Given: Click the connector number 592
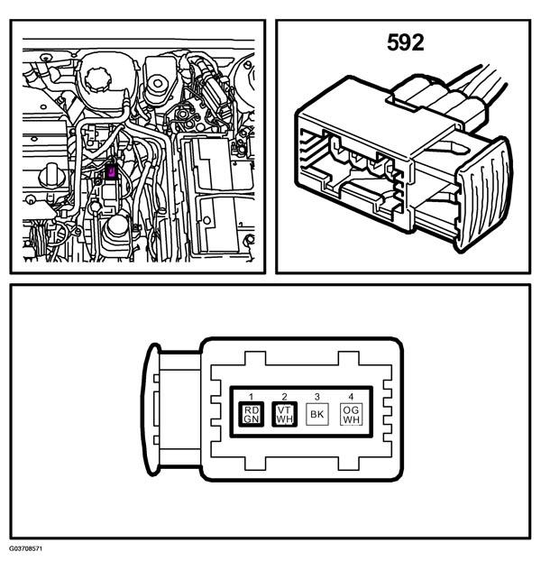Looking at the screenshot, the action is tap(405, 42).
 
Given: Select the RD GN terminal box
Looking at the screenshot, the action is tap(252, 414).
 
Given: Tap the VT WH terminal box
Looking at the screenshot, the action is tap(285, 414).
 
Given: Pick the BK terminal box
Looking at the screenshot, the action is tap(317, 414).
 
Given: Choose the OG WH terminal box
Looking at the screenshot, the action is tap(351, 414).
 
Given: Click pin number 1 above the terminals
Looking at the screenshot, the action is tap(251, 396).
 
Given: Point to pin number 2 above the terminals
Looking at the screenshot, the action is tap(285, 396).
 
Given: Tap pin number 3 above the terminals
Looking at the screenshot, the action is tap(317, 396).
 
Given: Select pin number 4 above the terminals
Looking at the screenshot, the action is tap(351, 396).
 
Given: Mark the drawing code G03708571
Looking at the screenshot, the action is tap(26, 548).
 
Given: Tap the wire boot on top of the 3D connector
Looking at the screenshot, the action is tap(436, 98).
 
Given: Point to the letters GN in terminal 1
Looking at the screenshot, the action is tap(252, 419).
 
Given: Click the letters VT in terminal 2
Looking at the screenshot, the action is tap(284, 410).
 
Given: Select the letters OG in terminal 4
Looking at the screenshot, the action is tap(351, 410).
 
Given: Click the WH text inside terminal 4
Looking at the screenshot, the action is tap(351, 419).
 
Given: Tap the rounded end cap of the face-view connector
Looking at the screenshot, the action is tap(151, 409).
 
